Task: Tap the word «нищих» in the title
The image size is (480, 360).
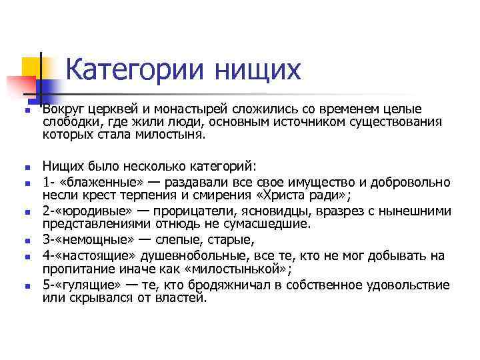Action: point(257,69)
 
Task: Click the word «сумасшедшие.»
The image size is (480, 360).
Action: point(266,224)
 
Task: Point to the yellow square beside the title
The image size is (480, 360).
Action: point(32,67)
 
